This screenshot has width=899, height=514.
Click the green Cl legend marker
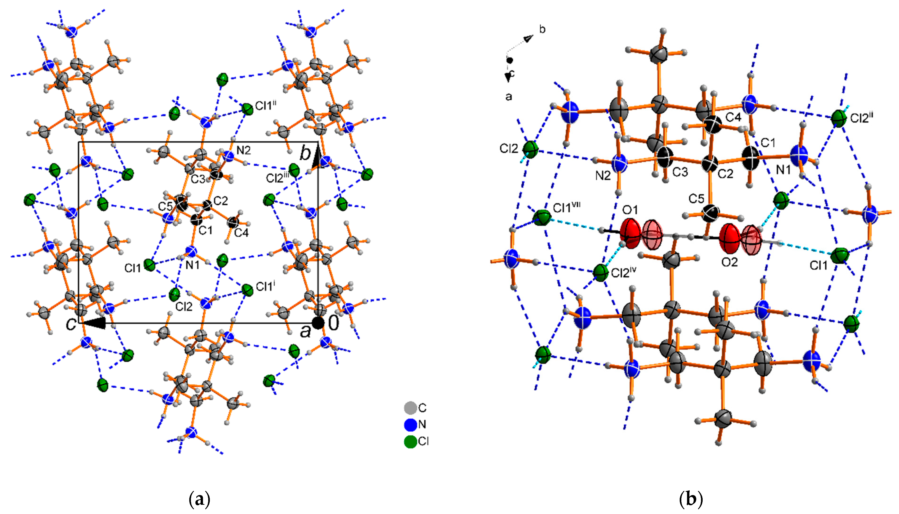[410, 442]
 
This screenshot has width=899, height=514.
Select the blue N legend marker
[410, 425]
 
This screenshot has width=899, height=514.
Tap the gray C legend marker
[410, 408]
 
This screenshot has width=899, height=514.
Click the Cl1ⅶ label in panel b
[567, 208]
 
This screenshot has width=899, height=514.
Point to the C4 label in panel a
[241, 233]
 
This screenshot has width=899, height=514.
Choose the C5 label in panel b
[696, 199]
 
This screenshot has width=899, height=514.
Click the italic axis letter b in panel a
[305, 154]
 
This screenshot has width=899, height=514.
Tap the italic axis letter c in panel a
[71, 324]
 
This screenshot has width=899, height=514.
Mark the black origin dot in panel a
[318, 323]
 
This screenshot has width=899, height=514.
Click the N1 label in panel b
[783, 170]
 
